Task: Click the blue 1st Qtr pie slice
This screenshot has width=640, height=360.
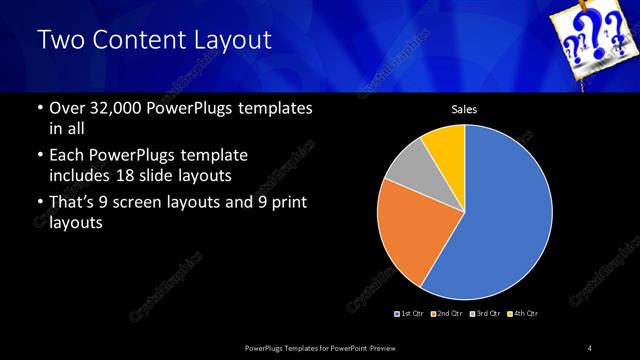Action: (x=500, y=215)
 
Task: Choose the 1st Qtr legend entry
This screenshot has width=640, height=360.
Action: (x=411, y=314)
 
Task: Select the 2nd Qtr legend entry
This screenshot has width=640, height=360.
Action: (x=446, y=314)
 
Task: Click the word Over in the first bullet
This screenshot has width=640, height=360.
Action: (x=67, y=108)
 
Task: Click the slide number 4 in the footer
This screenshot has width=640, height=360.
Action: (x=590, y=347)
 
